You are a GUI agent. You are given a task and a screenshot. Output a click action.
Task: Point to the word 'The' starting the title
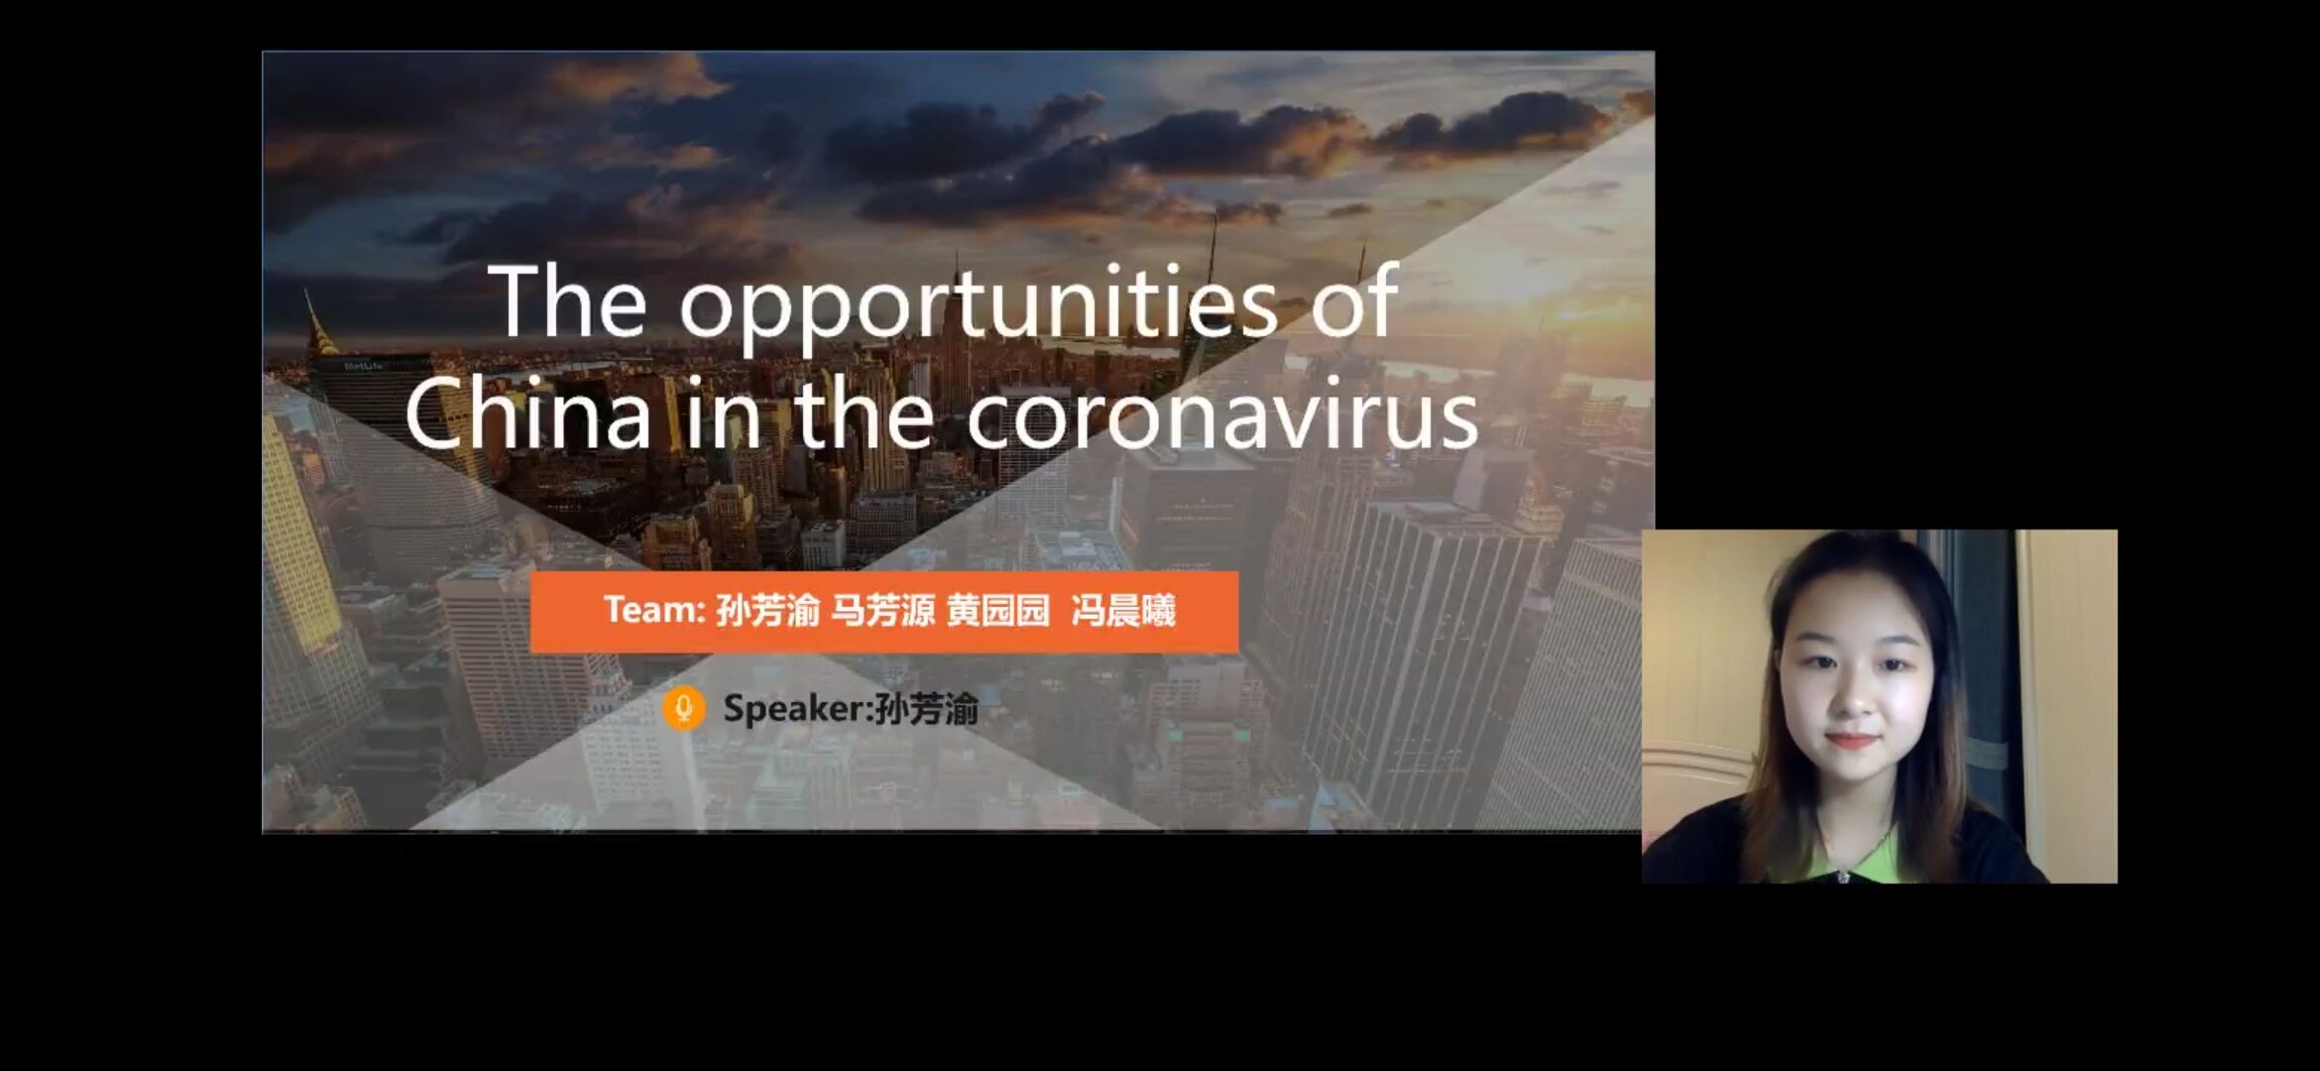[x=567, y=300]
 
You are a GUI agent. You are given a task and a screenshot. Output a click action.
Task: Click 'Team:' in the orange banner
[x=654, y=609]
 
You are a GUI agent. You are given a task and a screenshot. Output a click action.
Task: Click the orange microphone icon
[x=684, y=708]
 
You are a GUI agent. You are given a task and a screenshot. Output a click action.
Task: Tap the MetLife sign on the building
[x=363, y=366]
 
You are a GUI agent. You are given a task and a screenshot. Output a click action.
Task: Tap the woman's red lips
[x=1850, y=741]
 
